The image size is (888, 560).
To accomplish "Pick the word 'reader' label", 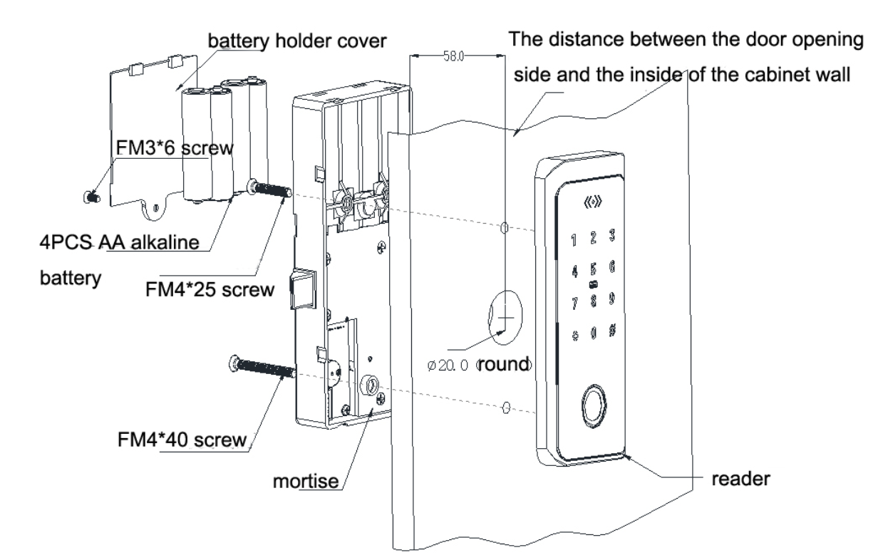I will click(x=742, y=479).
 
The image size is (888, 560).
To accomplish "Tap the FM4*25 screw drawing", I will click(x=270, y=189).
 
